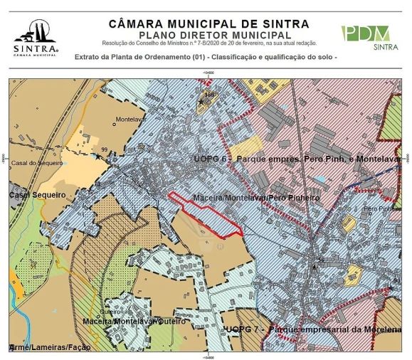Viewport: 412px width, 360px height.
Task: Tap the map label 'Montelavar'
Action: [x=130, y=119]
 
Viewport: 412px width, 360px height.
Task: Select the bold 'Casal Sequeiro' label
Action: [x=36, y=194]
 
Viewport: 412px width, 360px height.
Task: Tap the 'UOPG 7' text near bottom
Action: [x=241, y=330]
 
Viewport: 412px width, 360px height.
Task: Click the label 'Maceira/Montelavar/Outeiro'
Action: [x=130, y=321]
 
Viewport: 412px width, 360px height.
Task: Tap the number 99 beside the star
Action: [x=104, y=149]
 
